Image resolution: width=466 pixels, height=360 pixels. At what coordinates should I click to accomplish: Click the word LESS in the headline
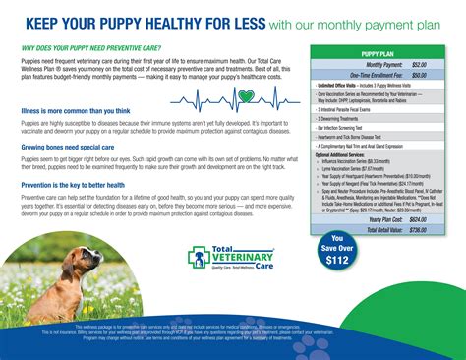coord(241,22)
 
